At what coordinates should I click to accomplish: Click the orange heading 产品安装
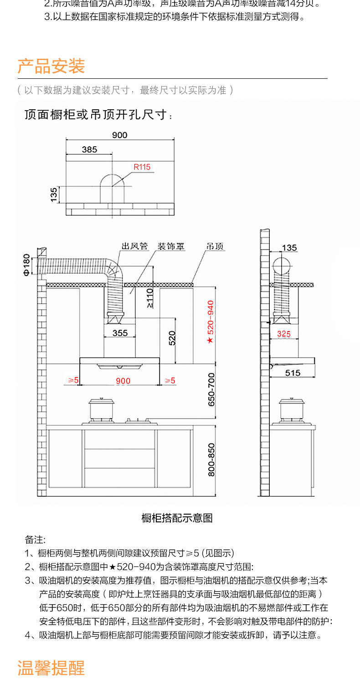click(51, 66)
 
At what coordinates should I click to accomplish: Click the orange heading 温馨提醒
click(51, 668)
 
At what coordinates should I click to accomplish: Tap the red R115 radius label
click(142, 167)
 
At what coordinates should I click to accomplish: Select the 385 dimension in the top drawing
click(89, 149)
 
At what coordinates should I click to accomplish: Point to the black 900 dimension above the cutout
click(119, 135)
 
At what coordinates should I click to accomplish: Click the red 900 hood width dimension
click(123, 381)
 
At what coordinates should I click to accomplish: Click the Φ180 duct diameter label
click(26, 265)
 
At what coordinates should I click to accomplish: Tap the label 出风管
click(135, 246)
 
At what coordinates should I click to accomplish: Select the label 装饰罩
click(171, 246)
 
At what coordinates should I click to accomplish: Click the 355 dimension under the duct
click(120, 333)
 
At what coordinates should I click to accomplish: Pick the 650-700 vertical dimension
click(211, 389)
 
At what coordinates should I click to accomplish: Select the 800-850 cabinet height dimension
click(211, 459)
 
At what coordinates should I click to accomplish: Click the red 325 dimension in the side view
click(283, 334)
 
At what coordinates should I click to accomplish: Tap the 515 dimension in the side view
click(293, 373)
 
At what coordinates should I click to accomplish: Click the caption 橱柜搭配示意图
click(177, 518)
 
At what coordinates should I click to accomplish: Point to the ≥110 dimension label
click(150, 299)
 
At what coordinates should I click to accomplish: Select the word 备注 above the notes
click(35, 540)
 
